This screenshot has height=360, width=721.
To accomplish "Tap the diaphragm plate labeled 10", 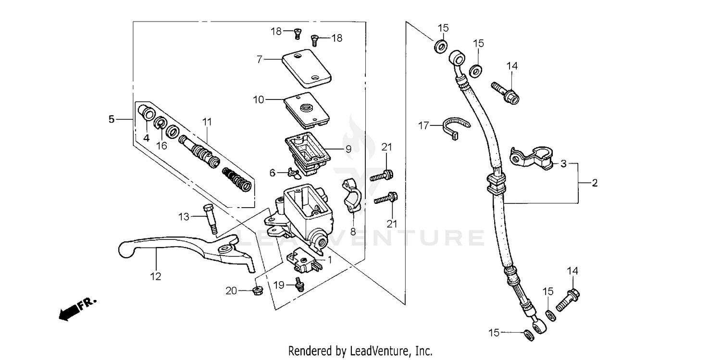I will [307, 109].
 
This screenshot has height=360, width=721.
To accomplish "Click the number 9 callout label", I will [348, 149].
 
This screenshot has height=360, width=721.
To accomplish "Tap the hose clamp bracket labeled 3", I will [531, 158].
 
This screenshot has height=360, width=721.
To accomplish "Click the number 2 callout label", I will [595, 183].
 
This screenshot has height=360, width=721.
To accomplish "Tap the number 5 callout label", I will [112, 119].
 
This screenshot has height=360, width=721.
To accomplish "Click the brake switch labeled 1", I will [300, 260].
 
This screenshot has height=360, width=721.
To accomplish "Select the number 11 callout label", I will [207, 122].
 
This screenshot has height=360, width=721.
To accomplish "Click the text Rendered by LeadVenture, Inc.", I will [360, 351].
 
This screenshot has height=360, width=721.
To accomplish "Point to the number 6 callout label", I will [272, 172].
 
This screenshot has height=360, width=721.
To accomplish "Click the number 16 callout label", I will [162, 146].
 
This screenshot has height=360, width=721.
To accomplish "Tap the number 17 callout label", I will [423, 126].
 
